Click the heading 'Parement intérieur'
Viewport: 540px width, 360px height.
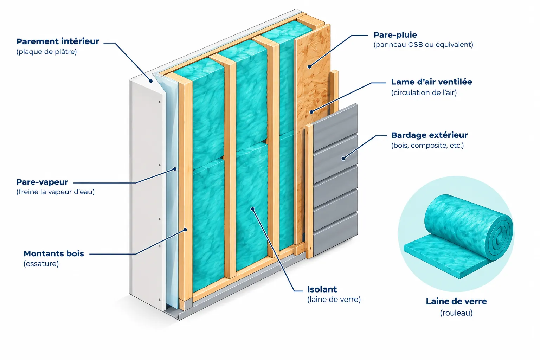tap(58, 41)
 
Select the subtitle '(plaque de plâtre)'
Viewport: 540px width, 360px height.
tap(46, 52)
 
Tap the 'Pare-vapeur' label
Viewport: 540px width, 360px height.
tap(42, 182)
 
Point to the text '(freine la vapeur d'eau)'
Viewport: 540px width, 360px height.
tap(56, 192)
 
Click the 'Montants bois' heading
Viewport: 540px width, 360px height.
tap(54, 254)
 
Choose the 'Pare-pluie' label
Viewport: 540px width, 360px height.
tap(396, 35)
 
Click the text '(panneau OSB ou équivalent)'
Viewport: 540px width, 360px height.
tap(423, 45)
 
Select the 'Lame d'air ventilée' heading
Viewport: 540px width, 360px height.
tap(431, 82)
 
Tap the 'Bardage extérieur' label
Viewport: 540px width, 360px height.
tap(429, 135)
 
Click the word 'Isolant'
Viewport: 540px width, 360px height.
tap(322, 289)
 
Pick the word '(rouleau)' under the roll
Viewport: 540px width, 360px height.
tap(456, 313)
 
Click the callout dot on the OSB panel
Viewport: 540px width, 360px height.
tap(309, 67)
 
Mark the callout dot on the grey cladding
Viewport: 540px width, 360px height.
tap(343, 159)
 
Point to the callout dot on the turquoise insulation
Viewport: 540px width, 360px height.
tap(253, 209)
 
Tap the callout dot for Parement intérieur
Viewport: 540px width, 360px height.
tap(151, 81)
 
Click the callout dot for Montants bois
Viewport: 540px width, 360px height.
tap(185, 230)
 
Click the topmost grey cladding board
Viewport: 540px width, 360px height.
tap(335, 128)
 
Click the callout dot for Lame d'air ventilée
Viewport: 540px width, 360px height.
tap(312, 112)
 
